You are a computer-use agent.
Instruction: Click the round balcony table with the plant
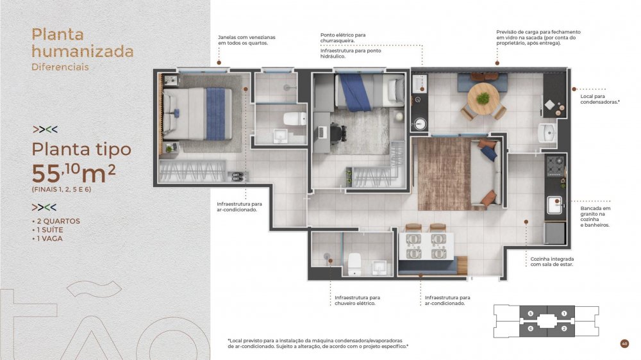pos(483,98)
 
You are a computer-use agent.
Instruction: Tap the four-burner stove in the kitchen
pos(555,166)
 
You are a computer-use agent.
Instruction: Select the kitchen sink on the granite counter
pos(554,205)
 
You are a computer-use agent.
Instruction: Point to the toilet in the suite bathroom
pos(295,119)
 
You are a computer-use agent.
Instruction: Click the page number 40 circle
pos(624,343)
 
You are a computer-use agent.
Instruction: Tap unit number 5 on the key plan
pos(531,313)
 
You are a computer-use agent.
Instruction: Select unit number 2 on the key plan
pos(564,328)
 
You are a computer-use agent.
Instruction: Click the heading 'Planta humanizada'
pos(83,42)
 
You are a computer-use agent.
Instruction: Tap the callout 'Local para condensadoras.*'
pos(600,99)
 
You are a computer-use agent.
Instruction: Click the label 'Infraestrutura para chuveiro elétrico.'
pos(357,300)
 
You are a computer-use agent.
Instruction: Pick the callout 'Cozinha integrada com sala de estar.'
pos(552,261)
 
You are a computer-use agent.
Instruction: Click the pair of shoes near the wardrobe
pos(238,177)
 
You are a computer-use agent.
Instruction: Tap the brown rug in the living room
pos(444,174)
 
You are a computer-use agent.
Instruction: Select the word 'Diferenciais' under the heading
pos(60,67)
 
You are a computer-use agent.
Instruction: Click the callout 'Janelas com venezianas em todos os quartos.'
pos(247,40)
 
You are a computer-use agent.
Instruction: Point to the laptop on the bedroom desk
pos(322,132)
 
